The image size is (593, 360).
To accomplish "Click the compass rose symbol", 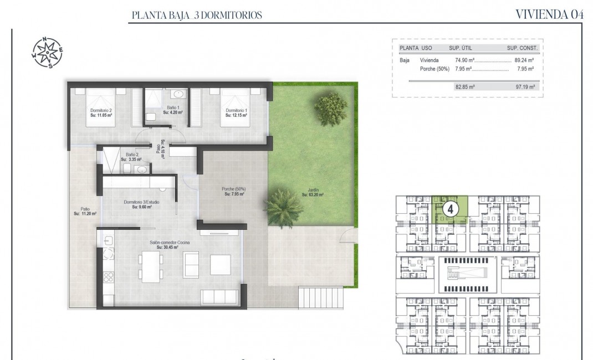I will coord(47,53).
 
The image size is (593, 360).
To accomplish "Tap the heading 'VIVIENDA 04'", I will coord(549,15).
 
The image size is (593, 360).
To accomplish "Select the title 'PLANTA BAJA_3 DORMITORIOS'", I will coord(196,16).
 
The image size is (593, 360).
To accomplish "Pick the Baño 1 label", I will coord(172,110).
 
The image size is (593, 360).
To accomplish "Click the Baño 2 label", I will coord(132,157).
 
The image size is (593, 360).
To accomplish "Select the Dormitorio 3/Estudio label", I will coord(141,204).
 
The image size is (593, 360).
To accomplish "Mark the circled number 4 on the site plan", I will coord(451,209).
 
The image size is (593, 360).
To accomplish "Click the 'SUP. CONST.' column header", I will coord(522,48).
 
